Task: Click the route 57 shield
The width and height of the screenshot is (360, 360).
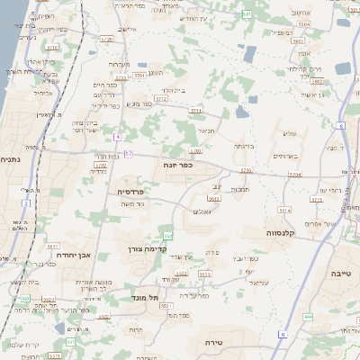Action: pyautogui.click(x=128, y=154)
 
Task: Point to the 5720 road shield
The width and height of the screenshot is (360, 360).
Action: pyautogui.click(x=107, y=40)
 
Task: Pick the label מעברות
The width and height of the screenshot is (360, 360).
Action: pyautogui.click(x=119, y=64)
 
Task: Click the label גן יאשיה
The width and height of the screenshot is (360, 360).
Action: pyautogui.click(x=311, y=95)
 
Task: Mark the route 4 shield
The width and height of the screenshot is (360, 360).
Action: pyautogui.click(x=116, y=136)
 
